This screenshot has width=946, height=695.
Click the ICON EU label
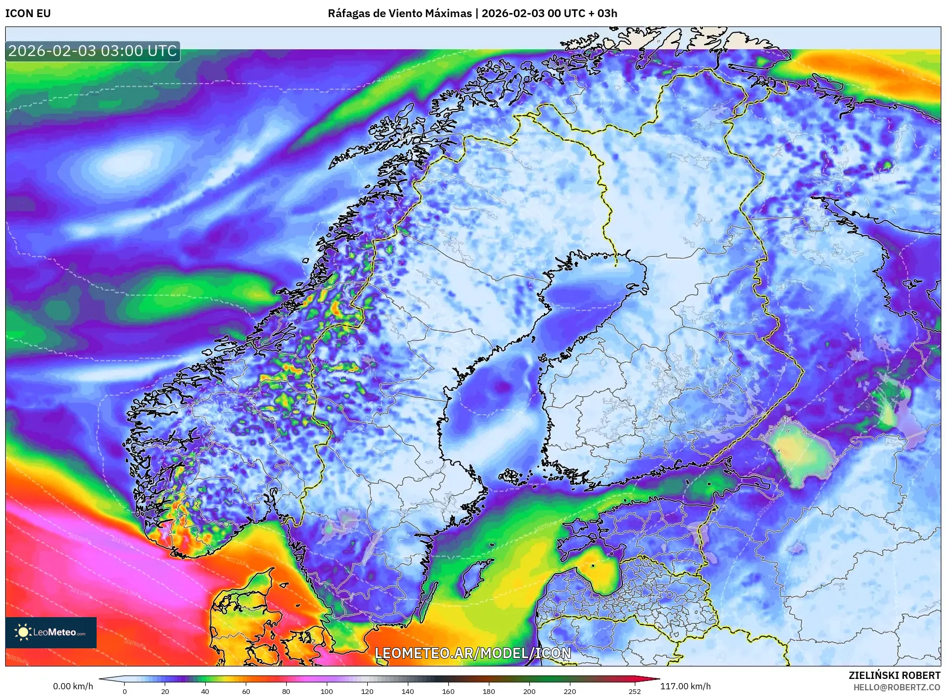pyautogui.click(x=28, y=13)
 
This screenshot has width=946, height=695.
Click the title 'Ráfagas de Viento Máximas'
pyautogui.click(x=399, y=13)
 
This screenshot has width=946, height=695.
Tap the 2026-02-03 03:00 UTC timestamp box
pyautogui.click(x=92, y=51)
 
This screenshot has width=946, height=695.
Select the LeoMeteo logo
pyautogui.click(x=51, y=632)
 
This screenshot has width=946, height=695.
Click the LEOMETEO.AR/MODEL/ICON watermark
pyautogui.click(x=473, y=653)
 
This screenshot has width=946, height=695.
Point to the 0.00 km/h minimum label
pyautogui.click(x=73, y=686)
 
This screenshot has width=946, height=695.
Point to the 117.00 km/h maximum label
pyautogui.click(x=685, y=686)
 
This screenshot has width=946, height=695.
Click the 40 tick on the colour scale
pyautogui.click(x=205, y=691)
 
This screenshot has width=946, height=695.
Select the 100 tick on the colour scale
pyautogui.click(x=326, y=691)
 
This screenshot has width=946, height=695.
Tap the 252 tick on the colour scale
pyautogui.click(x=635, y=691)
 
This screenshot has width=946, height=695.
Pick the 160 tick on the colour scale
pyautogui.click(x=448, y=691)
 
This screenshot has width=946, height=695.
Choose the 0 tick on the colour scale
pyautogui.click(x=124, y=691)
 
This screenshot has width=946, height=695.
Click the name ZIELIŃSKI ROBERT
pyautogui.click(x=894, y=675)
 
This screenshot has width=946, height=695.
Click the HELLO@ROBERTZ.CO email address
pyautogui.click(x=897, y=687)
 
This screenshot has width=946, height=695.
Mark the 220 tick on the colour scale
pyautogui.click(x=570, y=691)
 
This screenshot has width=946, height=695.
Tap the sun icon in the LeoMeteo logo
pyautogui.click(x=23, y=632)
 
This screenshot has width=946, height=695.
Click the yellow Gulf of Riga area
pyautogui.click(x=603, y=574)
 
